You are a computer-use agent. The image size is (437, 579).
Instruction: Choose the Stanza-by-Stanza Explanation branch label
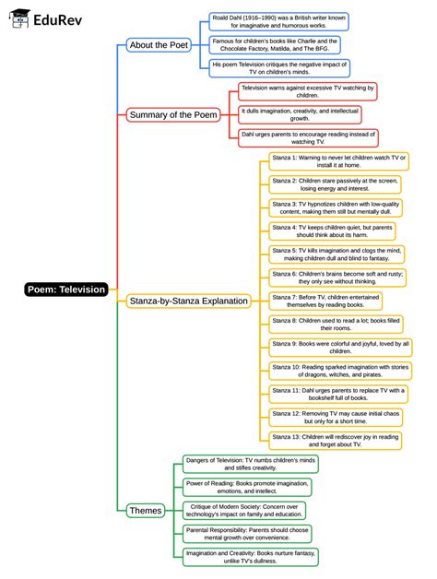coord(188,301)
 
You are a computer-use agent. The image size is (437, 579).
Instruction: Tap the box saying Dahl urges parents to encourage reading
coord(294,138)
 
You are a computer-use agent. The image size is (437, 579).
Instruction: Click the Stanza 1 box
coord(337,162)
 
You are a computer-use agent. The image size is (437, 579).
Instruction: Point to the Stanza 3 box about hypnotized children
coord(337,207)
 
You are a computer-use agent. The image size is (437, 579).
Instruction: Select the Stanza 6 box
coord(337,278)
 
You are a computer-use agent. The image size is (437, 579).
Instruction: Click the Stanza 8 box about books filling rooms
coord(337,324)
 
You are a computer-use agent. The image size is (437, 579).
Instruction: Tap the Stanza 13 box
coord(337,441)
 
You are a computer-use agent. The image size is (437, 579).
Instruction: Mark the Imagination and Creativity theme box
coord(250,556)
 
